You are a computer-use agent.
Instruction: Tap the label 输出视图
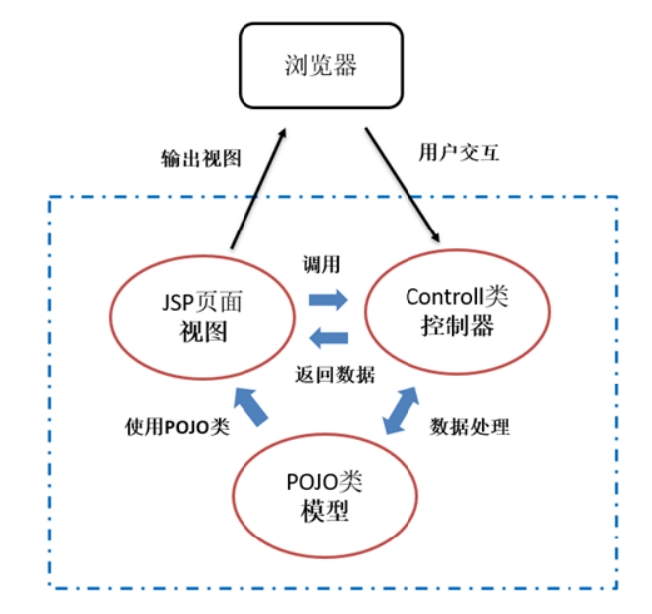(x=201, y=158)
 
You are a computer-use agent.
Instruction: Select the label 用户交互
(x=458, y=152)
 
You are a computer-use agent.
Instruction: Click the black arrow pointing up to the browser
(x=258, y=189)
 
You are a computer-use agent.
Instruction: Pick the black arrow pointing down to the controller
(x=403, y=185)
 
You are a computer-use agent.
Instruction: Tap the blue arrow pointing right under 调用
(x=328, y=300)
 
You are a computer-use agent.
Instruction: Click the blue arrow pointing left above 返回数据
(x=329, y=337)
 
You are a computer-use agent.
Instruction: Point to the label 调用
(x=321, y=264)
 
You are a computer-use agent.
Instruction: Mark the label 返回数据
(x=335, y=375)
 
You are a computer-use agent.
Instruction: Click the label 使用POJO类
(x=177, y=427)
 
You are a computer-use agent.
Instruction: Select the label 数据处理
(x=469, y=426)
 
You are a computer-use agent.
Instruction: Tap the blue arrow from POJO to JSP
(x=250, y=407)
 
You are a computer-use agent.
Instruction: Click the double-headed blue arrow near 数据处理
(x=401, y=410)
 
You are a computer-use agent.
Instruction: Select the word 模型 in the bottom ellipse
(x=325, y=511)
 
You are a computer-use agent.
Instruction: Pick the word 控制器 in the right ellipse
(x=457, y=326)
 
